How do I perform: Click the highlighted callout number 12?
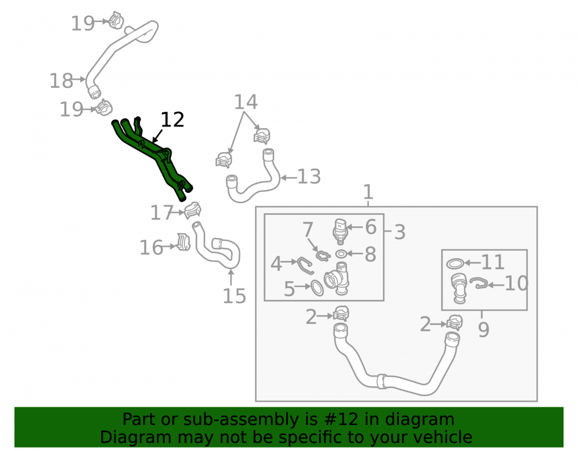[x=172, y=120]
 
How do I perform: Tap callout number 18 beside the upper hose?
[x=61, y=81]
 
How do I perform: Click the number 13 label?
[x=309, y=177]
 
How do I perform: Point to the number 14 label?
[x=246, y=102]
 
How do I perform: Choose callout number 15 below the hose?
[x=234, y=296]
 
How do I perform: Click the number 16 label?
[x=151, y=247]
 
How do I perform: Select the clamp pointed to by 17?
[x=193, y=211]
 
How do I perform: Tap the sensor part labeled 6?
[x=340, y=231]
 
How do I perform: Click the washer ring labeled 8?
[x=342, y=254]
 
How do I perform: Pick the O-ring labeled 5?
[x=317, y=288]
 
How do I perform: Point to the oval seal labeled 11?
[x=455, y=263]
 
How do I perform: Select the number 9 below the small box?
[x=484, y=329]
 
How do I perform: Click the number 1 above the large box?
[x=368, y=192]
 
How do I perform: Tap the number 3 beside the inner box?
[x=399, y=232]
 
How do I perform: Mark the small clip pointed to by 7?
[x=323, y=255]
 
